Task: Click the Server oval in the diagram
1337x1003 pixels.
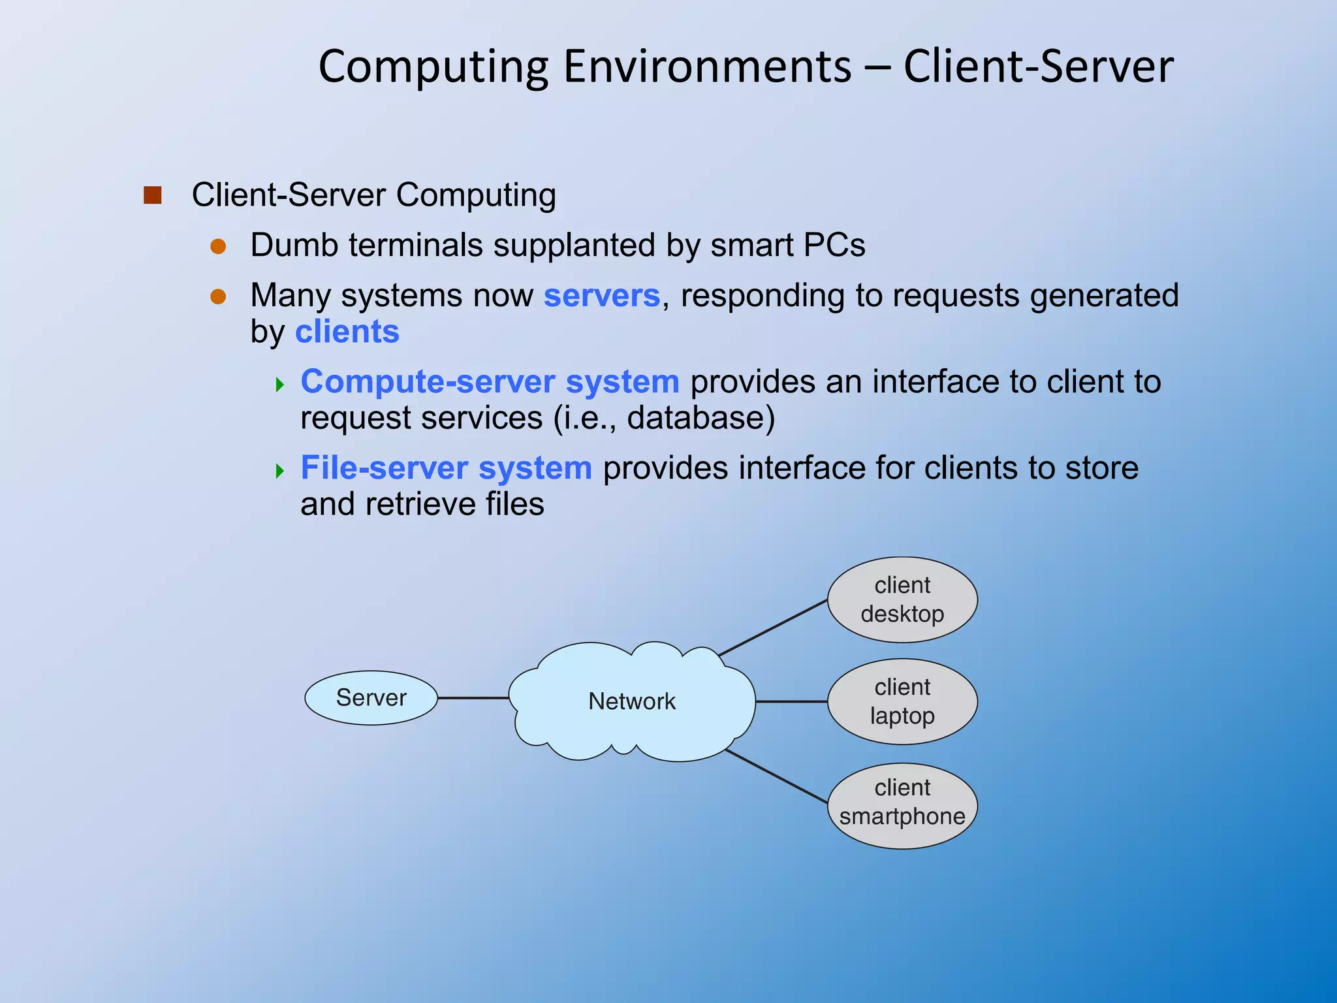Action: (371, 698)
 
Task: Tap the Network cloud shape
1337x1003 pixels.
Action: (631, 702)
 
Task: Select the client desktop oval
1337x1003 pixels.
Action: (902, 599)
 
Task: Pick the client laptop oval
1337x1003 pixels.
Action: (902, 701)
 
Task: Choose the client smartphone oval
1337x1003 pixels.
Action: (902, 805)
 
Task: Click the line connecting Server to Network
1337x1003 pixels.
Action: (473, 698)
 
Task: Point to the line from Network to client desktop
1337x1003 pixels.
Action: (774, 628)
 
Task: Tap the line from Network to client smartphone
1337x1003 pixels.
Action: (777, 776)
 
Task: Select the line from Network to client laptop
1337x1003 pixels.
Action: (791, 702)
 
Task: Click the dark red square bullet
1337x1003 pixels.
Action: (152, 195)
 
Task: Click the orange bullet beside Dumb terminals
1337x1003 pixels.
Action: (218, 247)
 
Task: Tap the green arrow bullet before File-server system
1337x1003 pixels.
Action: (280, 470)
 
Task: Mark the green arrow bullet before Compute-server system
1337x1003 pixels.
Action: (280, 384)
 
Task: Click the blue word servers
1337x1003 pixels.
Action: (601, 296)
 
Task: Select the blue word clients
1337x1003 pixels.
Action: (347, 332)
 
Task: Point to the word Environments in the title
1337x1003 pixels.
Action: (707, 67)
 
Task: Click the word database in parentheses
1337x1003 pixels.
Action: (696, 418)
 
